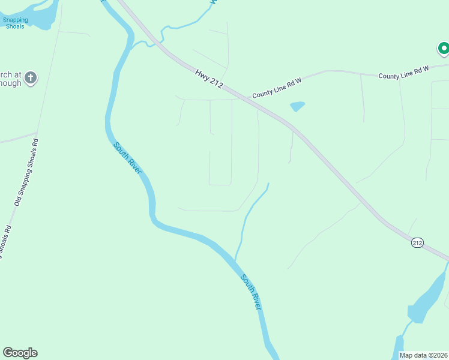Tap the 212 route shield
pyautogui.click(x=418, y=242)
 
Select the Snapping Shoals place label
pyautogui.click(x=16, y=23)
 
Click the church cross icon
pyautogui.click(x=31, y=77)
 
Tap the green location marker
pyautogui.click(x=443, y=47)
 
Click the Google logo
pyautogui.click(x=20, y=353)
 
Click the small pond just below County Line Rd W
pyautogui.click(x=297, y=107)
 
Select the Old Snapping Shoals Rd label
pyautogui.click(x=26, y=173)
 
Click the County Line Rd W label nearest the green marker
pyautogui.click(x=403, y=73)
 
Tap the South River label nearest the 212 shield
pyautogui.click(x=252, y=292)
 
